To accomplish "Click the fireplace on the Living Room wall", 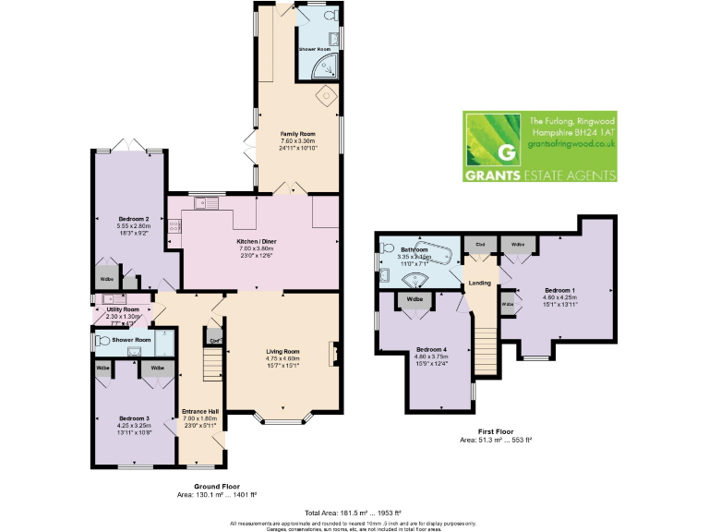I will pyautogui.click(x=336, y=354).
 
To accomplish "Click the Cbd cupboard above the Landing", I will pyautogui.click(x=480, y=245).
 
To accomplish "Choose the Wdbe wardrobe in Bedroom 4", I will pyautogui.click(x=415, y=299).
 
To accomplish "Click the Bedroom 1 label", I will pyautogui.click(x=535, y=296).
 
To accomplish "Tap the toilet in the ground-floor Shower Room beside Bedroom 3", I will pyautogui.click(x=102, y=340).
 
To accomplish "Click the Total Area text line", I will pyautogui.click(x=354, y=512).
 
